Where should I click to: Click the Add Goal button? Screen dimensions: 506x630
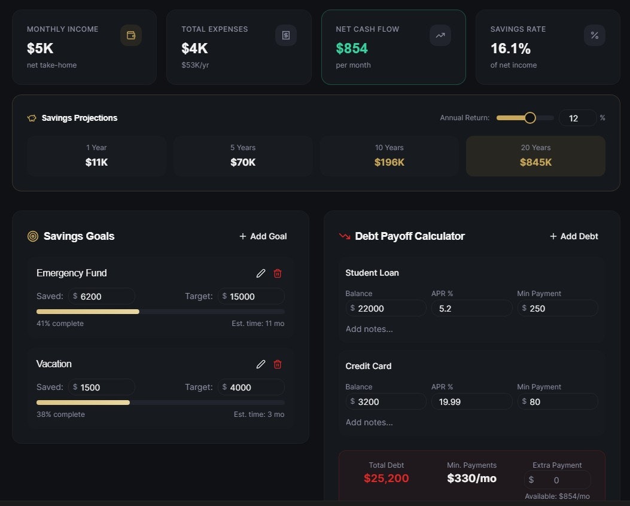click(263, 236)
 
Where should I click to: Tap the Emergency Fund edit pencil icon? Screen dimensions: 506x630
click(261, 273)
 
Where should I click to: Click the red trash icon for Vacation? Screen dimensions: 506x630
click(278, 364)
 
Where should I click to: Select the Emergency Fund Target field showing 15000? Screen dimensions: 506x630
click(251, 296)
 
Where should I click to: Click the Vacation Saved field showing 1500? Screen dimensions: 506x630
click(102, 387)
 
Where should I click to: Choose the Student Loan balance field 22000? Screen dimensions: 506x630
click(386, 308)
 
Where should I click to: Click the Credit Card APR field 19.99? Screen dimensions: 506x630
click(471, 401)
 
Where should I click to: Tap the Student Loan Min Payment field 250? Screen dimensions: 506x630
click(557, 308)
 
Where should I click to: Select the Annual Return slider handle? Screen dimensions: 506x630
click(529, 118)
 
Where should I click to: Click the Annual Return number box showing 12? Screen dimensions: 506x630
click(577, 118)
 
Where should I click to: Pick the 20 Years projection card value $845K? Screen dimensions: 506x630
click(535, 162)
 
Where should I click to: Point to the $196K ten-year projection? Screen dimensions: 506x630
click(389, 162)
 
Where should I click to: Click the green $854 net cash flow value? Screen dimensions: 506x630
click(352, 48)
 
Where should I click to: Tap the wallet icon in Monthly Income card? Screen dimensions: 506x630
click(131, 35)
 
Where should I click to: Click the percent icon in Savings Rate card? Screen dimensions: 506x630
click(595, 35)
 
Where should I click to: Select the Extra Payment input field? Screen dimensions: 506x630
click(557, 480)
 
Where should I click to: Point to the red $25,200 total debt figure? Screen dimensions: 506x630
click(386, 478)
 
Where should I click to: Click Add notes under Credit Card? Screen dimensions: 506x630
click(369, 422)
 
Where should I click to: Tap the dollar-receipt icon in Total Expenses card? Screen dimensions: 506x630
click(286, 35)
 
